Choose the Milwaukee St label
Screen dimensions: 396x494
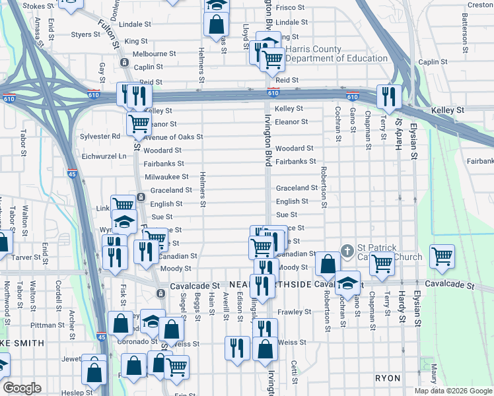tap(165, 177)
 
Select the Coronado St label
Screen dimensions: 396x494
tap(135, 341)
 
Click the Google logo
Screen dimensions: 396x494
tap(22, 388)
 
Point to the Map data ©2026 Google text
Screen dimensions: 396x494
tap(453, 391)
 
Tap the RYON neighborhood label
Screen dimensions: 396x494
tap(388, 378)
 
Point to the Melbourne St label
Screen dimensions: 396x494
tap(154, 53)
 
